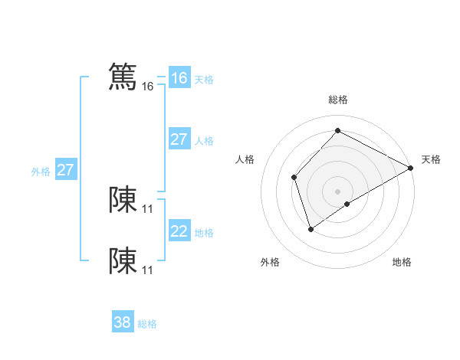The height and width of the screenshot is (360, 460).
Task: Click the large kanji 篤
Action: coord(123,77)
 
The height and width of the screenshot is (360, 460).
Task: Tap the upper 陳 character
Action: coord(123,199)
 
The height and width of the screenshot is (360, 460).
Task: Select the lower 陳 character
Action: coord(123,260)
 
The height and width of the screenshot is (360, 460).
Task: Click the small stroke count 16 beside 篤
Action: coord(148,87)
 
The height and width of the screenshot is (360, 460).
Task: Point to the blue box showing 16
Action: coord(179,78)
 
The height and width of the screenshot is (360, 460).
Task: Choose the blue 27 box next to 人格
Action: coord(179,139)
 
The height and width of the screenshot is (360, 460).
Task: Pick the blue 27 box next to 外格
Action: coord(66,170)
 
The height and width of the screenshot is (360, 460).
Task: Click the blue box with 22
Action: coord(179,231)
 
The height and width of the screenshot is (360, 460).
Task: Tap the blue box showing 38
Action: coord(123,322)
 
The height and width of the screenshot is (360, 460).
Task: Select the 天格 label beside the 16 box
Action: coord(204,80)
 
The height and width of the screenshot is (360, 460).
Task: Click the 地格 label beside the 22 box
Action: coord(204,233)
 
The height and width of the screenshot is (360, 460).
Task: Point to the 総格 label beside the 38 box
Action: coord(147,324)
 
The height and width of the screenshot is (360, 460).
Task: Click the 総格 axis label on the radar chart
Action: coord(337,100)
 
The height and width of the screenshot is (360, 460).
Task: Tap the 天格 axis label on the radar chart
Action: coord(431,159)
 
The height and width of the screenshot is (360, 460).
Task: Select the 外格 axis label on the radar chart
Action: coord(270,262)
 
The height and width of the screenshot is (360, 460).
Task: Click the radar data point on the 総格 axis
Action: coord(337,130)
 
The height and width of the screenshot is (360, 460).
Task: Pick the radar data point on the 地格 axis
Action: coord(347,204)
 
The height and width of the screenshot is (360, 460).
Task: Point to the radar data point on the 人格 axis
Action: coord(294,178)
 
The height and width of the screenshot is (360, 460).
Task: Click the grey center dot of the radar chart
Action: coord(337,191)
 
